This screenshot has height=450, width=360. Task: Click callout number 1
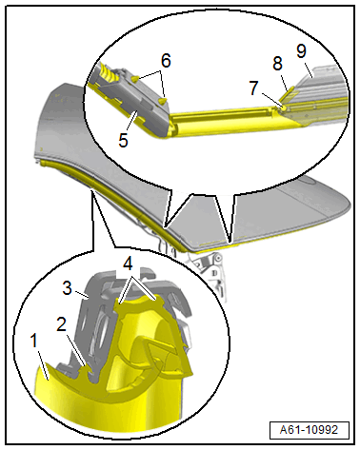coord(34,341)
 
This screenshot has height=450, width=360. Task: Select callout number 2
coord(61,324)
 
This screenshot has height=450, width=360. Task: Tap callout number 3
coord(68,288)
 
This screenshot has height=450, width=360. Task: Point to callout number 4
coord(128,264)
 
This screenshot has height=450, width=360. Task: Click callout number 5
coord(123,140)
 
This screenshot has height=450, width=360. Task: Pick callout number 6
coord(166,60)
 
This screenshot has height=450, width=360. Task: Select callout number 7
coord(253,88)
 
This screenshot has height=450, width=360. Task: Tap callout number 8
coord(277,64)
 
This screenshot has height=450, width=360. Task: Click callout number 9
coord(302,50)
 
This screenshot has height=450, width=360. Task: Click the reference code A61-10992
coord(309,430)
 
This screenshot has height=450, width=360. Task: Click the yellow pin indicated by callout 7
coord(284,108)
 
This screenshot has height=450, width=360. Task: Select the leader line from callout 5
coord(131,121)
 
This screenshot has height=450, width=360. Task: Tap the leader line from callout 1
coord(43,364)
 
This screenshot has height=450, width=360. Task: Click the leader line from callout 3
coord(81,296)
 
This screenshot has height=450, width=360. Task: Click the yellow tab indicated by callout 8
coord(290,94)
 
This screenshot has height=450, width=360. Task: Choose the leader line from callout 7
coord(270,99)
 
